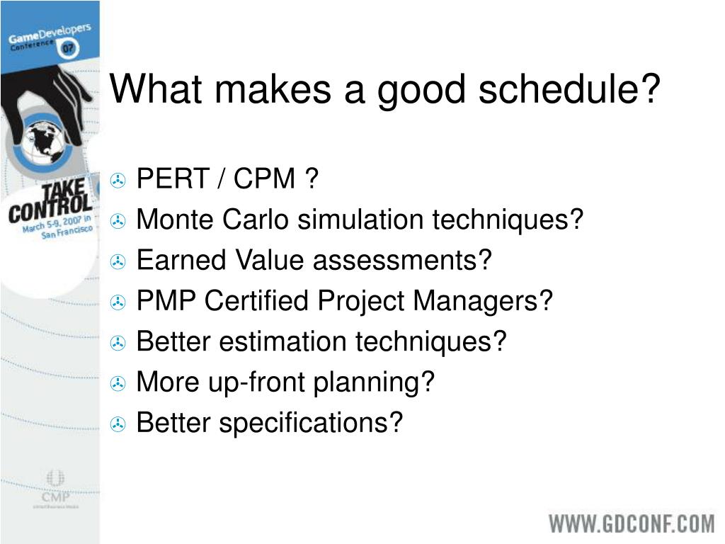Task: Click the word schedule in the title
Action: coord(569,89)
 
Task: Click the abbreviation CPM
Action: coord(264,178)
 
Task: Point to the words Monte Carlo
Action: coord(212,219)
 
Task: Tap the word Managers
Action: coord(482,302)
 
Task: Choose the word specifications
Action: coord(310,424)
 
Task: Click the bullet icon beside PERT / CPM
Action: coord(118,180)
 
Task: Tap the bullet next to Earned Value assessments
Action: coord(118,261)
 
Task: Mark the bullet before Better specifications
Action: coord(118,424)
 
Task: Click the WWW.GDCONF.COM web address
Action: coord(632,524)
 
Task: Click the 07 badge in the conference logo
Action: coord(69,48)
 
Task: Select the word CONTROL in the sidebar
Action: coord(50,208)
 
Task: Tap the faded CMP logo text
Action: coord(55,497)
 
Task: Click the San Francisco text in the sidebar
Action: coord(67,232)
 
